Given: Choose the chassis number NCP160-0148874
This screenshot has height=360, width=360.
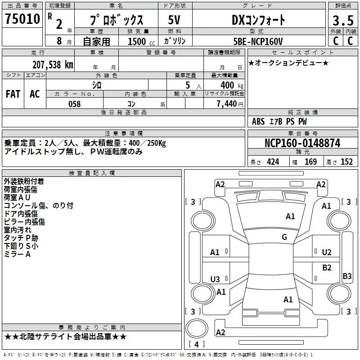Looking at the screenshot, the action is coord(302,143).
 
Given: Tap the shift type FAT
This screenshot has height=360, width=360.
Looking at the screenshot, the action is coord(13,94).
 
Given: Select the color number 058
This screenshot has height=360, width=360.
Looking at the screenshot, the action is coord(74,103).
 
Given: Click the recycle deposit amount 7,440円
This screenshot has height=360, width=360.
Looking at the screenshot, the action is coord(230,103).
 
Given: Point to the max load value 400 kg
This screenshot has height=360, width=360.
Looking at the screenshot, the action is coord(230,85).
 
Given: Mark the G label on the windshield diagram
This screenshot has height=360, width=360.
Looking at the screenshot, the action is coord(284,237).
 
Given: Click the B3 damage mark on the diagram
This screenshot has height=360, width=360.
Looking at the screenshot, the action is coord(347,276).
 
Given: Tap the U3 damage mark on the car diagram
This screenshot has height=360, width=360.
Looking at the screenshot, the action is coord(215,279).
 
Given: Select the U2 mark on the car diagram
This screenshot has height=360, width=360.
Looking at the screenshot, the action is coord(327,252).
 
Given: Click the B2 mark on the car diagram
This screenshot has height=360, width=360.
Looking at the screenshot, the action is coord(327,267).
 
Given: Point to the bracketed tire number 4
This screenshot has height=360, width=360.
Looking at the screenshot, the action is coord(197,344).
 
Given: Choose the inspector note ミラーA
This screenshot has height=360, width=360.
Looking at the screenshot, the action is coord(17,254).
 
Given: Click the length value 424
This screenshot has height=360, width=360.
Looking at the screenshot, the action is coord(273,162).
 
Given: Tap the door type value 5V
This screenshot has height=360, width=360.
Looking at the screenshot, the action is coord(175,20).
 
